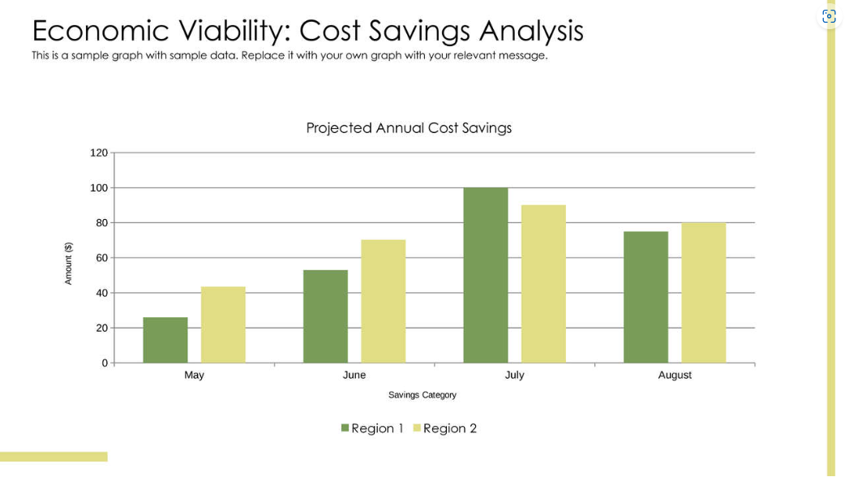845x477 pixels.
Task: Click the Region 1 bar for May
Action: coord(165,340)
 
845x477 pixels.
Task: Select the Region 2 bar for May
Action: coord(223,324)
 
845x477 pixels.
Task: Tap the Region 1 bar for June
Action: coord(325,316)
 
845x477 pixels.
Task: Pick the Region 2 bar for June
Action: coord(383,301)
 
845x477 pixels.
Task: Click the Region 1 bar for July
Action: coord(486,275)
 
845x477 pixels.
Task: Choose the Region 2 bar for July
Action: coord(543,284)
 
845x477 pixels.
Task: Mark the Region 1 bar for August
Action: coord(646,297)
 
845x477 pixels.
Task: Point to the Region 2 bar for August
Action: coord(703,293)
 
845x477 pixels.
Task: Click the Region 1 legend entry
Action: coord(372,428)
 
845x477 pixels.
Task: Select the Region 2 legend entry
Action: coord(445,428)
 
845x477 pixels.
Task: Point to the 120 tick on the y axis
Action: coord(99,153)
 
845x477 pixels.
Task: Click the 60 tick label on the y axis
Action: coord(102,258)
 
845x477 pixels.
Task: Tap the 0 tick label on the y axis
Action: coord(105,363)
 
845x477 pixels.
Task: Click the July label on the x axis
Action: coord(514,375)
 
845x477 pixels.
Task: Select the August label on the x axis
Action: coord(675,375)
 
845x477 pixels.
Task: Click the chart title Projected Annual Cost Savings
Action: coord(409,128)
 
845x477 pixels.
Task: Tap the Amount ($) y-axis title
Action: coord(69,264)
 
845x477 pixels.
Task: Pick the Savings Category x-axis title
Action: coord(422,395)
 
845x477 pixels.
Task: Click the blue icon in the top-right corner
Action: coord(828,16)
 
